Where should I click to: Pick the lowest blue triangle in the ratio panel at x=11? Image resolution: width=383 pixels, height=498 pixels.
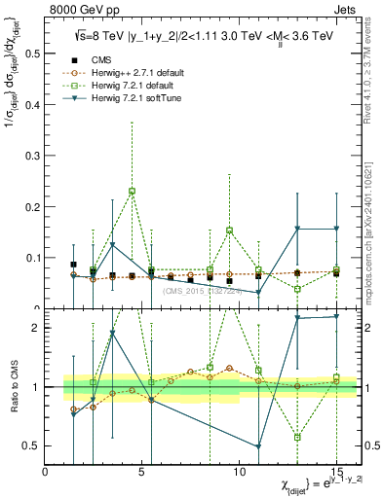(258, 446)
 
